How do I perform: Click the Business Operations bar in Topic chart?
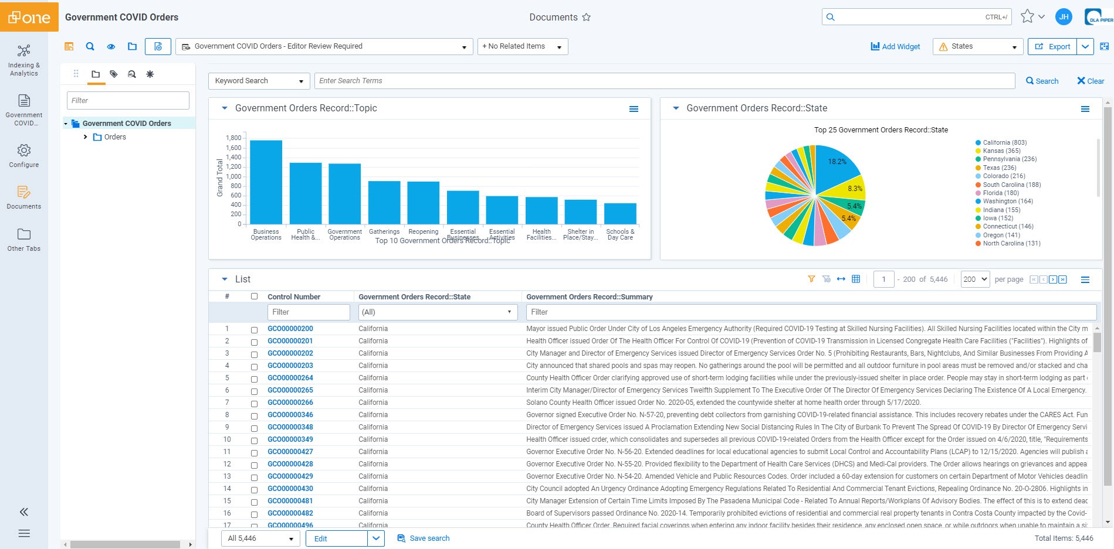coord(266,182)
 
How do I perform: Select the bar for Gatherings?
coord(384,202)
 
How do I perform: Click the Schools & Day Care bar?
coord(620,213)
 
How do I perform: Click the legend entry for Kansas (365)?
coord(1001,151)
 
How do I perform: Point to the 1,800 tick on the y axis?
coord(233,138)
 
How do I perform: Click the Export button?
coord(1052,46)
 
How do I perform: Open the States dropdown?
coord(977,46)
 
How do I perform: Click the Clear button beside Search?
coord(1091,81)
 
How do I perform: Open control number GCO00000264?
coord(290,378)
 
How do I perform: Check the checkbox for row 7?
coord(254,403)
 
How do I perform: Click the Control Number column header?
coord(294,297)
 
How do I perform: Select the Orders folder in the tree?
coord(115,137)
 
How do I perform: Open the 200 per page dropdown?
coord(975,279)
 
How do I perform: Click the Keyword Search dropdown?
coord(259,81)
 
